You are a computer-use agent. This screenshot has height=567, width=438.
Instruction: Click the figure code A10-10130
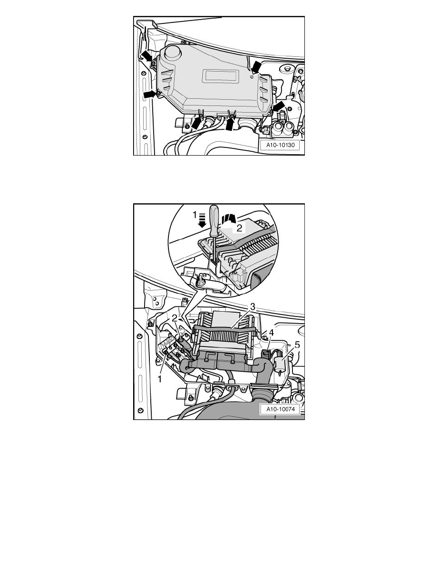click(x=281, y=145)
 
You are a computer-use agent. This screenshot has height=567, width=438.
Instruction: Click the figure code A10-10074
click(x=281, y=409)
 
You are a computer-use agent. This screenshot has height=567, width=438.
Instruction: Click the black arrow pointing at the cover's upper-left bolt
click(x=146, y=56)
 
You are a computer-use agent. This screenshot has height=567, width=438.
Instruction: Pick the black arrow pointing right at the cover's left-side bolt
click(x=150, y=94)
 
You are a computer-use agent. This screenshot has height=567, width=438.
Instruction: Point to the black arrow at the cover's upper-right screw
click(x=257, y=66)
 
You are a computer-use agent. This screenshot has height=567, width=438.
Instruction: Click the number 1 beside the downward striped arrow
click(x=195, y=215)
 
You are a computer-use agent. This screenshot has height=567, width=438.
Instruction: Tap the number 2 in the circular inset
click(x=239, y=228)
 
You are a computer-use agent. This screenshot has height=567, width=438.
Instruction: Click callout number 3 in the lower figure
click(x=252, y=306)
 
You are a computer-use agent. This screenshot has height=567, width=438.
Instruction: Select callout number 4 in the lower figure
click(x=271, y=332)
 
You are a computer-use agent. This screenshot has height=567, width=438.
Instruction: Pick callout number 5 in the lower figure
click(x=297, y=345)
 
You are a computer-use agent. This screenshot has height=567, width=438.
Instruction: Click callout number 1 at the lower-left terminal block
click(x=159, y=379)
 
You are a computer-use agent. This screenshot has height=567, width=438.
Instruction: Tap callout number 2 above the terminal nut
click(x=175, y=318)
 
